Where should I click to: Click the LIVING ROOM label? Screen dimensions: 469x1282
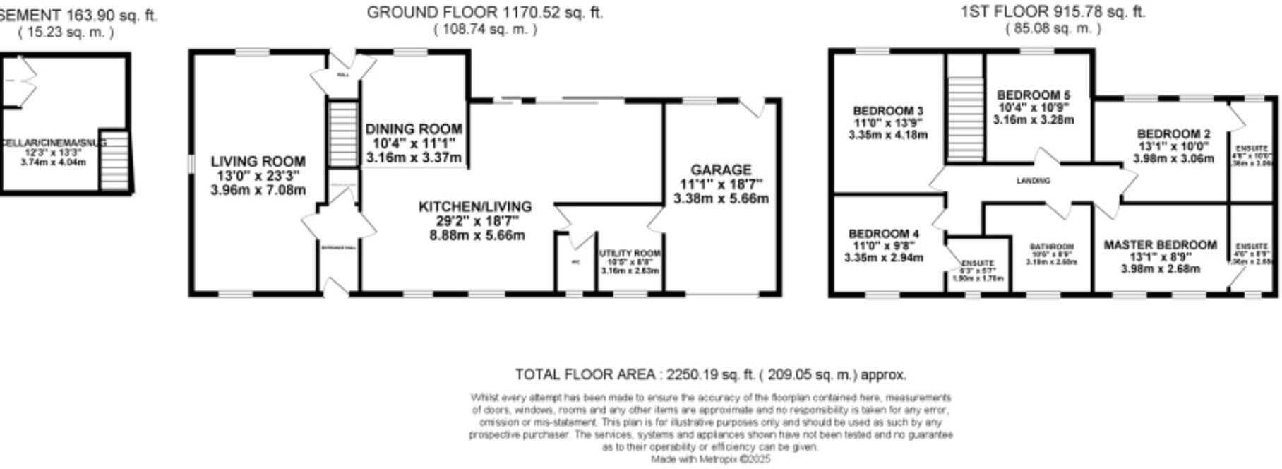258,162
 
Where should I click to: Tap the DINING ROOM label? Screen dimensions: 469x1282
414,129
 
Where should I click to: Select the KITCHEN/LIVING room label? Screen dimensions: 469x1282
475,206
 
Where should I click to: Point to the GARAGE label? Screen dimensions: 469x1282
721,170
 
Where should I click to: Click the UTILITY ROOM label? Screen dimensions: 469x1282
630,254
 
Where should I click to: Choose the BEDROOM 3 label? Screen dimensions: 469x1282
887,111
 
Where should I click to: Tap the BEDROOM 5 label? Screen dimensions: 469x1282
1033,95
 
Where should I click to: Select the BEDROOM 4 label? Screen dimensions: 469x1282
883,234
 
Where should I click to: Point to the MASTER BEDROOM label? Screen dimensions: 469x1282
1160,245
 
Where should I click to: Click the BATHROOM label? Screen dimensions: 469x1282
1051,247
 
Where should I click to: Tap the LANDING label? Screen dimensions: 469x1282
1033,181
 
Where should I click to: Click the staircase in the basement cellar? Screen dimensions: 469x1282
114,160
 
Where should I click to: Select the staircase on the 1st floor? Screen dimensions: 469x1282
964,109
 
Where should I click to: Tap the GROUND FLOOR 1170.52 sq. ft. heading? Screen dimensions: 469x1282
484,12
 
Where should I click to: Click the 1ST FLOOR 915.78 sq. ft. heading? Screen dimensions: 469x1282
1053,12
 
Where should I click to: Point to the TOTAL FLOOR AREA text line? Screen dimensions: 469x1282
710,374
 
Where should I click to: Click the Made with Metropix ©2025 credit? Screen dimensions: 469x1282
710,459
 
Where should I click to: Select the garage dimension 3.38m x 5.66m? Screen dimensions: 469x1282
721,198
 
